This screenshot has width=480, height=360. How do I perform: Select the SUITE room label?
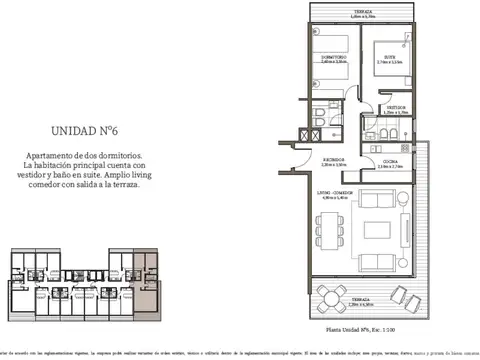(x=391, y=56)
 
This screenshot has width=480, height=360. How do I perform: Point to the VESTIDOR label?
(x=396, y=108)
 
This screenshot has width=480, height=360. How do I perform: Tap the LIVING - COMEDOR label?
(x=334, y=194)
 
